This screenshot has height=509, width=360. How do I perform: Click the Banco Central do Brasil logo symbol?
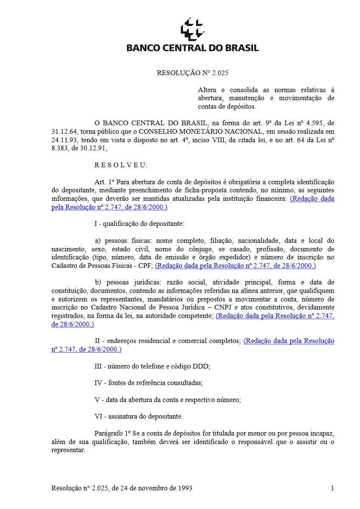192,29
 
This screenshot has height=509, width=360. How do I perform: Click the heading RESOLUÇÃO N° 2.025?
192,73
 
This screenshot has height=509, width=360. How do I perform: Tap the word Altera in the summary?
207,90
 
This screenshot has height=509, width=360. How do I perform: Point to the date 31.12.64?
64,131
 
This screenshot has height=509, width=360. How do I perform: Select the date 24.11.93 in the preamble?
64,140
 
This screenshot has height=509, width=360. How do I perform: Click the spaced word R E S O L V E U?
121,165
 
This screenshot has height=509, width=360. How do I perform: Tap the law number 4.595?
304,123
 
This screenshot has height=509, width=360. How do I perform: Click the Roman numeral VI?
98,416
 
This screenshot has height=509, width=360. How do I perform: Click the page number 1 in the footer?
332,488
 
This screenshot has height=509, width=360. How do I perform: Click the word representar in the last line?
68,450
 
